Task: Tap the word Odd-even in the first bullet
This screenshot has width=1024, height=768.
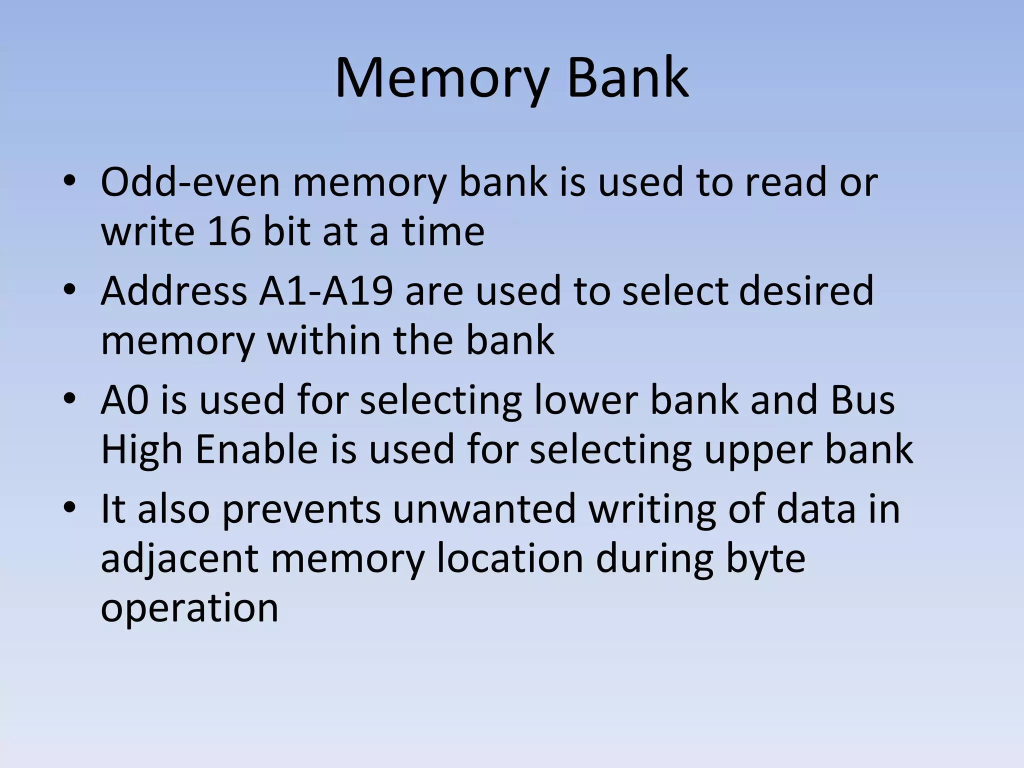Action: point(190,182)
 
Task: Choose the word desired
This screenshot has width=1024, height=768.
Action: point(806,291)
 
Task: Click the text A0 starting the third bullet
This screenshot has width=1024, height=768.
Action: point(124,400)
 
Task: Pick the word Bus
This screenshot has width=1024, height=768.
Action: point(862,400)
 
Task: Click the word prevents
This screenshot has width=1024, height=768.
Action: point(301,509)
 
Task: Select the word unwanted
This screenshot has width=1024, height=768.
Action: point(484,509)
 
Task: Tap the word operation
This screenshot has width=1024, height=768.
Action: point(189,608)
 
